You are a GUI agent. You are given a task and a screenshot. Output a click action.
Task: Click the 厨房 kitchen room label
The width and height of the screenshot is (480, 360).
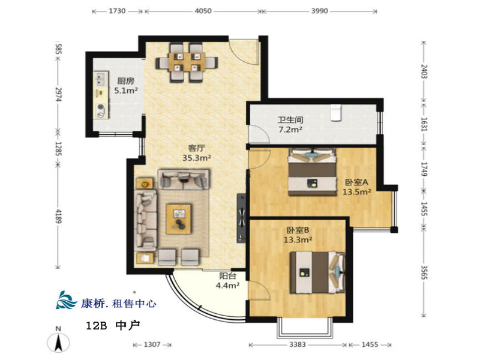126,81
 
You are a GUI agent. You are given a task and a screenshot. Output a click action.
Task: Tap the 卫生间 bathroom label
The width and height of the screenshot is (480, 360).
290,119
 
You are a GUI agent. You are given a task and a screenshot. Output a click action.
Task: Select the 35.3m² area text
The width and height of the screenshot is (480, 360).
197,158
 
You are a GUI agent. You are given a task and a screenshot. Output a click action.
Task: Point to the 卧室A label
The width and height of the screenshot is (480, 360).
356,182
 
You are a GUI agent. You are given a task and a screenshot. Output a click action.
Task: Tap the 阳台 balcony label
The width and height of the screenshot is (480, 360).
228,276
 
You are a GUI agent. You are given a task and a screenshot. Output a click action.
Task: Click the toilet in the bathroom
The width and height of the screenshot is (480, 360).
336,113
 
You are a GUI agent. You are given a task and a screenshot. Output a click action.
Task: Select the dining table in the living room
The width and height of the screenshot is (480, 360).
187,63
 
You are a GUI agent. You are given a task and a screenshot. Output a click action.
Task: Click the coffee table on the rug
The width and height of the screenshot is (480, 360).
178,219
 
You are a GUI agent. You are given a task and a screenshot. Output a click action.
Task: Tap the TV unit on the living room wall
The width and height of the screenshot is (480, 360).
241,218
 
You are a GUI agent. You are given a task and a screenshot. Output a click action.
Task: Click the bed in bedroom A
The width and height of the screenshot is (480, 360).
312,172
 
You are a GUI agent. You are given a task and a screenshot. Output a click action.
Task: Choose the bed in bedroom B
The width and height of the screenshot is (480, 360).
318,272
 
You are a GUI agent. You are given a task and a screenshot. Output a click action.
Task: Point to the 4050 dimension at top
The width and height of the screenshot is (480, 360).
203,11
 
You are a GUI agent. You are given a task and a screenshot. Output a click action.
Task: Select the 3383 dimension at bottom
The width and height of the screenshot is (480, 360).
297,344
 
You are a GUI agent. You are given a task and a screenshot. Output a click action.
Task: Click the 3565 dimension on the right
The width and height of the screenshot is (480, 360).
424,272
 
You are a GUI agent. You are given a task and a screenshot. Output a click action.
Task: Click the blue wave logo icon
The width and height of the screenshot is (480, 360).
66,301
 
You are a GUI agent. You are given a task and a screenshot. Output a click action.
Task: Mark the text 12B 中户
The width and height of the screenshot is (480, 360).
113,325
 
